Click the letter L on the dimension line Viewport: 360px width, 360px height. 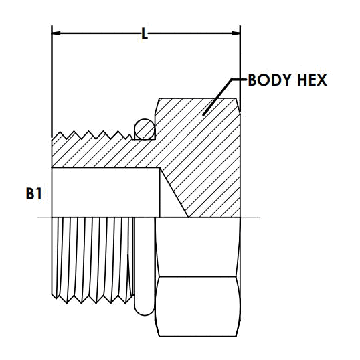point(145,33)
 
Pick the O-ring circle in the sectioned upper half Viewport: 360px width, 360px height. point(144,128)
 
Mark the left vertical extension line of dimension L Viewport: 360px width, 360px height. point(52,80)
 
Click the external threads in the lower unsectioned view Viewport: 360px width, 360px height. point(94,258)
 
